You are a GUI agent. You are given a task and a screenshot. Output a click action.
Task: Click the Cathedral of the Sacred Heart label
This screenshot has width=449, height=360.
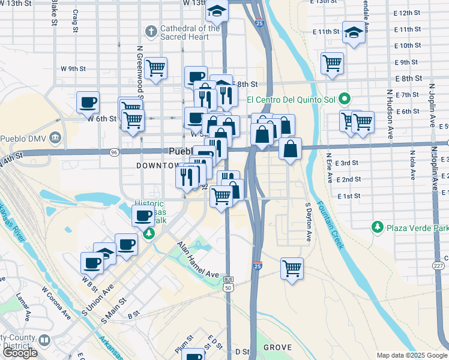point(190,32)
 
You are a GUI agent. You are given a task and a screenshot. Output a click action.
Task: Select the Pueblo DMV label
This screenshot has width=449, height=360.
point(23,139)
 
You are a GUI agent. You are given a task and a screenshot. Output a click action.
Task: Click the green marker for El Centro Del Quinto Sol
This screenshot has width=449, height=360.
point(344,98)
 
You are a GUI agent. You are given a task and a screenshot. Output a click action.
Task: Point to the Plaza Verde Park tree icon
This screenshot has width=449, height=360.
point(377,227)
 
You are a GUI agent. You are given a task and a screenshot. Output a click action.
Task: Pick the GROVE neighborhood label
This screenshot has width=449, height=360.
point(277,347)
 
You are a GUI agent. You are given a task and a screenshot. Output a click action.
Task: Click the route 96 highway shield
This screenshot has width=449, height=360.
point(114,152)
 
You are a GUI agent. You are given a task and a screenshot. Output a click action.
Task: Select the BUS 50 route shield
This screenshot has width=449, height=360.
point(228,283)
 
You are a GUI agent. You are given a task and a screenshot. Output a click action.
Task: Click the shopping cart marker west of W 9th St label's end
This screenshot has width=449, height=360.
point(155,68)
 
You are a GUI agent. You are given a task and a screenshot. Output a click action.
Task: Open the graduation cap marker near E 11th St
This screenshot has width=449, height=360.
point(354,33)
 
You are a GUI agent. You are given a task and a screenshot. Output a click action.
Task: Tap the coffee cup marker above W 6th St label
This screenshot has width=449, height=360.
point(88,101)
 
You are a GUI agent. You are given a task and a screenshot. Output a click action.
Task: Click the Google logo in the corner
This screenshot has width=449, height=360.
point(20,353)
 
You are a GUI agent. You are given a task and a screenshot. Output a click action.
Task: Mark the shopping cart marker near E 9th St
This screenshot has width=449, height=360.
point(332,62)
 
